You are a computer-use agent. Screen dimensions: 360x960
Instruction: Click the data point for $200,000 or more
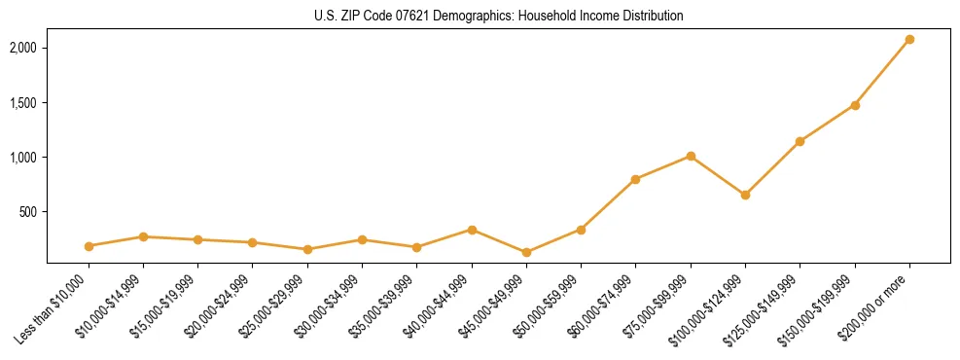point(909,40)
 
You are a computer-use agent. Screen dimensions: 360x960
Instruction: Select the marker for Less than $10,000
point(89,246)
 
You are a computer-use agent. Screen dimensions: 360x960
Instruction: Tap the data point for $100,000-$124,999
point(745,195)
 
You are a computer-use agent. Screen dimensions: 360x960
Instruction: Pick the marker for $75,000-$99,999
point(691,156)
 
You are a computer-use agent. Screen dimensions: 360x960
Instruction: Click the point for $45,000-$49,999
point(526,252)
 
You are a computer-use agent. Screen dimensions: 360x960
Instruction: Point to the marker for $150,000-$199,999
point(855,105)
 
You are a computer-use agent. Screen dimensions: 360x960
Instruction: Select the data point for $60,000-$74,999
point(635,179)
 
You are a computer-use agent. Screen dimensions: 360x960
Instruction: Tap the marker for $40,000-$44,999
point(472,230)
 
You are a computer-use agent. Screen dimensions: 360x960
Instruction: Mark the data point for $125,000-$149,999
point(800,141)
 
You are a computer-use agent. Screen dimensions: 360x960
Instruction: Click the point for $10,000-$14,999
point(143,236)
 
